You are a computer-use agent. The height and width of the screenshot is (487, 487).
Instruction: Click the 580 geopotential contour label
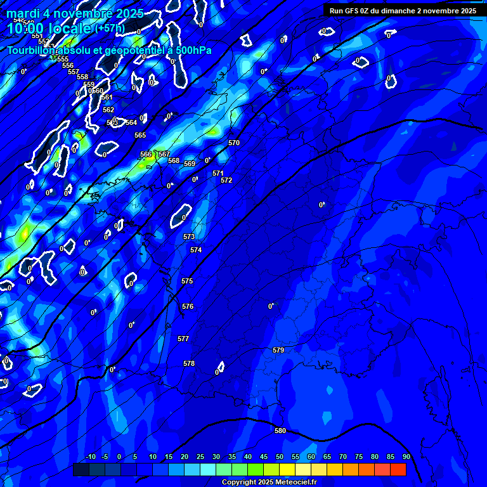click(x=280, y=431)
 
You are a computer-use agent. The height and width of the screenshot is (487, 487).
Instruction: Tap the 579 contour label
click(x=278, y=351)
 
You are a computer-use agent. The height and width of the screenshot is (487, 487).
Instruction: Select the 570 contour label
click(x=234, y=143)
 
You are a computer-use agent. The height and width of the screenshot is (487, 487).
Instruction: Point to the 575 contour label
click(x=187, y=281)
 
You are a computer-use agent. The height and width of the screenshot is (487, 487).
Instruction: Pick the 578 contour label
click(x=189, y=364)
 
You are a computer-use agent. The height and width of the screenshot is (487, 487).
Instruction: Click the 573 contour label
click(x=189, y=237)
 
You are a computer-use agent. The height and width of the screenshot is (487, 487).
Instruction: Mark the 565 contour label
click(x=140, y=136)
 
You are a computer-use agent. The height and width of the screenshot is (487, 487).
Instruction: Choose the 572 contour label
click(x=226, y=181)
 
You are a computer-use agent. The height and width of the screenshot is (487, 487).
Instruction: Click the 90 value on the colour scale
click(x=406, y=457)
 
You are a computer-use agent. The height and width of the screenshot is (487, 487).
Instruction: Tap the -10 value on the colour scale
click(x=90, y=457)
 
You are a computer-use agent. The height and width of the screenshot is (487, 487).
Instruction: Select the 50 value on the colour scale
click(x=280, y=457)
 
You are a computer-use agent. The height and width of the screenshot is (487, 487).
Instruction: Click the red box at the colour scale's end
click(x=398, y=469)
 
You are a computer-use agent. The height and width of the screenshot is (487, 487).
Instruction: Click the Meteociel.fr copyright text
click(x=268, y=483)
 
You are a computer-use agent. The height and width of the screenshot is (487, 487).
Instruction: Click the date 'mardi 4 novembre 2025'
click(x=75, y=13)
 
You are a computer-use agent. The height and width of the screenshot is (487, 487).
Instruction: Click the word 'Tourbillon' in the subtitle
click(x=32, y=51)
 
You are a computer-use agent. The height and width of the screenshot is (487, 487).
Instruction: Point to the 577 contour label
click(x=183, y=339)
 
